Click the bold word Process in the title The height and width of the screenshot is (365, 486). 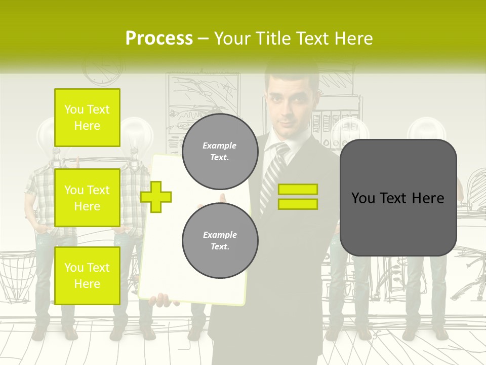point(159,39)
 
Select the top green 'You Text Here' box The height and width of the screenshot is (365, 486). point(87,118)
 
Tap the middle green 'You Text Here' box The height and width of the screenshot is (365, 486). point(87,198)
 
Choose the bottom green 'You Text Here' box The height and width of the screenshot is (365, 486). point(87,275)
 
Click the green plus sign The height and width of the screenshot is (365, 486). point(156,196)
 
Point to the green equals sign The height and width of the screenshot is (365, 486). point(298,197)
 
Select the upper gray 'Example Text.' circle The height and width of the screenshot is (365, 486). point(220,152)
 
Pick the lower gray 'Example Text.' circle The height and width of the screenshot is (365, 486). point(220,241)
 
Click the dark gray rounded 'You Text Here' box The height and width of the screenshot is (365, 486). point(398,198)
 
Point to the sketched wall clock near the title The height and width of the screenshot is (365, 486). point(103,68)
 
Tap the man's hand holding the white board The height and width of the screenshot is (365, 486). point(163,300)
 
